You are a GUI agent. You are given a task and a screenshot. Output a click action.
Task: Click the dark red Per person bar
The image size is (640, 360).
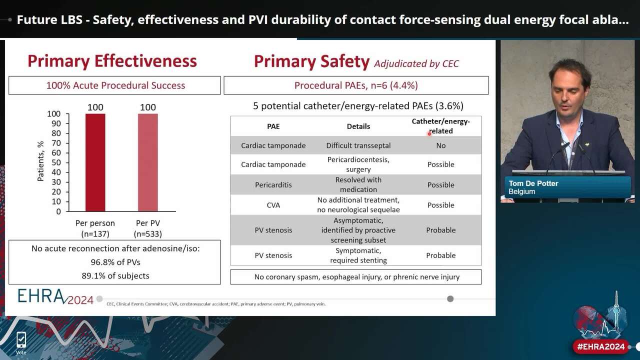coord(95,162)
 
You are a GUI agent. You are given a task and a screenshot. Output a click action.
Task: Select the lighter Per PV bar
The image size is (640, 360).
coord(147,162)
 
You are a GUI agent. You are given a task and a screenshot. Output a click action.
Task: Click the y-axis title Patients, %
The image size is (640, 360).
coord(40,161)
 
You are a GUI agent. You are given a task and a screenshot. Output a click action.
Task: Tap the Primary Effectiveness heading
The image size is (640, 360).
coord(112,61)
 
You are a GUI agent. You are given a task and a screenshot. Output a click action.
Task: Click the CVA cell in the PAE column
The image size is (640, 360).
coord(273,205)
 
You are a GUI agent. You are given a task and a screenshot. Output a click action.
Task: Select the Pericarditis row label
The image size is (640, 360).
coord(273,185)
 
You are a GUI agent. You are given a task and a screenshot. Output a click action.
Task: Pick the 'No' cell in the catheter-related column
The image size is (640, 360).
coord(440,145)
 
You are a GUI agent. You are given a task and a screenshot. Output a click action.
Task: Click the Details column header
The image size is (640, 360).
coord(358,126)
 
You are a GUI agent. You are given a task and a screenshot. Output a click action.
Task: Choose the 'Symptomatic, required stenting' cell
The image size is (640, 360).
coord(358,255)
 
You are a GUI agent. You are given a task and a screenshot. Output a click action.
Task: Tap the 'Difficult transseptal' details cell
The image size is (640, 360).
coord(358,145)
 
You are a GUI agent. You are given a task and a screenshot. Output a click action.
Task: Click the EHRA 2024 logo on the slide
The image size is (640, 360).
coord(55,296)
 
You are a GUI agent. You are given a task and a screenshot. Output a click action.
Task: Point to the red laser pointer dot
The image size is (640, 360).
coord(429,133)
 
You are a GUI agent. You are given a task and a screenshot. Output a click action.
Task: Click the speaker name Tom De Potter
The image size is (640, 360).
coord(533,183)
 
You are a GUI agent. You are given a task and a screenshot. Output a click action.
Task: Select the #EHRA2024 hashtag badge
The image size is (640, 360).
coord(600,346)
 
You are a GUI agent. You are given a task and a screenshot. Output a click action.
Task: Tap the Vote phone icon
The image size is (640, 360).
coord(21,341)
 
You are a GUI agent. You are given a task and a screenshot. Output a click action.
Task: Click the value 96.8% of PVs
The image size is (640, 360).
coord(114,262)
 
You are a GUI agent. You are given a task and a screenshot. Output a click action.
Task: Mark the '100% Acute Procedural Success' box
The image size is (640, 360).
coord(115,85)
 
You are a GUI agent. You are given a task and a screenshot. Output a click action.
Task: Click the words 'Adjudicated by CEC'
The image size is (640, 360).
coord(416,63)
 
